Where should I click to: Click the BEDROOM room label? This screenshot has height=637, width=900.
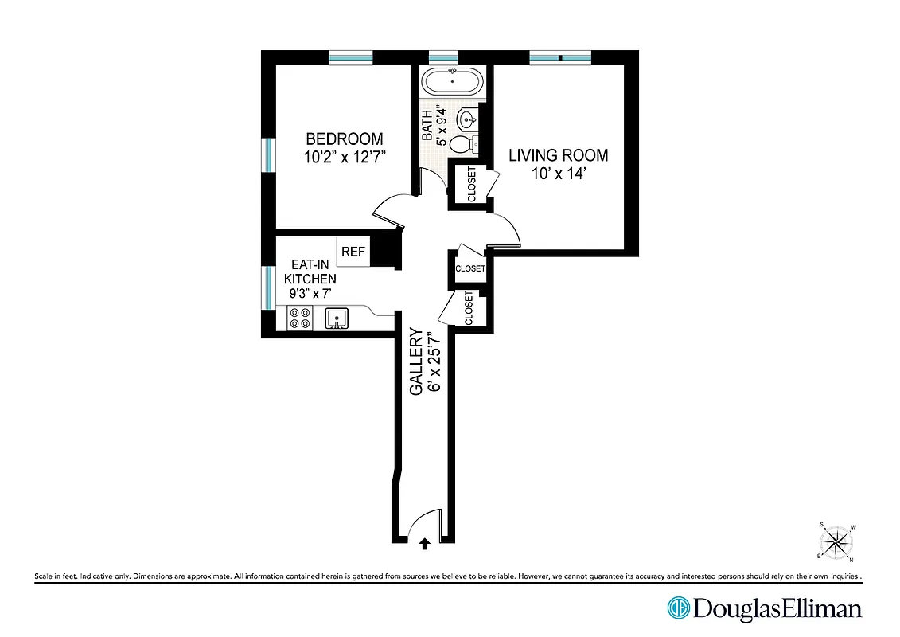tap(344, 139)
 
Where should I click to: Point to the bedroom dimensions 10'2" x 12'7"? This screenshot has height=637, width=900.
tap(344, 157)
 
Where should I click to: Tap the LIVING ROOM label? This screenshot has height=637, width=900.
tap(559, 155)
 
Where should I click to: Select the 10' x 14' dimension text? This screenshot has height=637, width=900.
tap(559, 174)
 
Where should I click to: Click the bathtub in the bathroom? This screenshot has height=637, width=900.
tap(451, 81)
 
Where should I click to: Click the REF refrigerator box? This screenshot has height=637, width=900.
tap(353, 252)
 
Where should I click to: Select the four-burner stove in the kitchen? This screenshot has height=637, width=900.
tap(300, 318)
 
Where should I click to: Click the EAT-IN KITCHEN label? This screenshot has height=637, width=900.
tap(310, 279)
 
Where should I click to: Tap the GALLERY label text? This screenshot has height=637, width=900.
tap(416, 362)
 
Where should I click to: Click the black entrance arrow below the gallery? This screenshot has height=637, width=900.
tap(424, 544)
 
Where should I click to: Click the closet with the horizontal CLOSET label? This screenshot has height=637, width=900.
tap(469, 268)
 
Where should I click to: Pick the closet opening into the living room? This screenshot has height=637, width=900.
tap(471, 184)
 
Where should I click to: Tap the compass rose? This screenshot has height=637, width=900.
tap(836, 543)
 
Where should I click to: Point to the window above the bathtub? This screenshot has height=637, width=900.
tap(443, 57)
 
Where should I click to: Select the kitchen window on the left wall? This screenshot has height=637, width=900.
tap(268, 287)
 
